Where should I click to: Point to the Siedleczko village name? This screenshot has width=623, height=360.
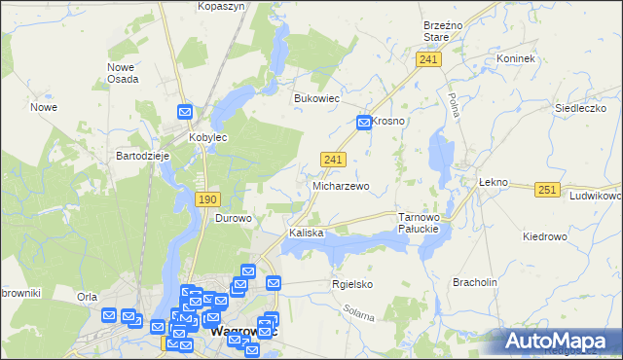click(x=573, y=108)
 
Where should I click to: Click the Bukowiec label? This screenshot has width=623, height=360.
click(x=315, y=98)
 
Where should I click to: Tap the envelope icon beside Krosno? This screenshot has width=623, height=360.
click(x=363, y=122)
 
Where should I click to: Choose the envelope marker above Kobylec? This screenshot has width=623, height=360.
click(x=184, y=113)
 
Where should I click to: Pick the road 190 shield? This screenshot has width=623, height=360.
click(x=206, y=198)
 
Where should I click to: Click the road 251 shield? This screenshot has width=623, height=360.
click(x=547, y=190)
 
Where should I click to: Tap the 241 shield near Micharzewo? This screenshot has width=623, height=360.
click(x=332, y=159)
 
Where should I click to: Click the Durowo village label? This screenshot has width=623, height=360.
click(x=234, y=218)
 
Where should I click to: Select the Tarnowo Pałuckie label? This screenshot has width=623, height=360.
click(x=421, y=223)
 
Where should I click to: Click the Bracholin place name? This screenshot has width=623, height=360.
click(x=475, y=282)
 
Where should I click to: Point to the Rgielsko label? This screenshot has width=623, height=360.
click(x=352, y=284)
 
